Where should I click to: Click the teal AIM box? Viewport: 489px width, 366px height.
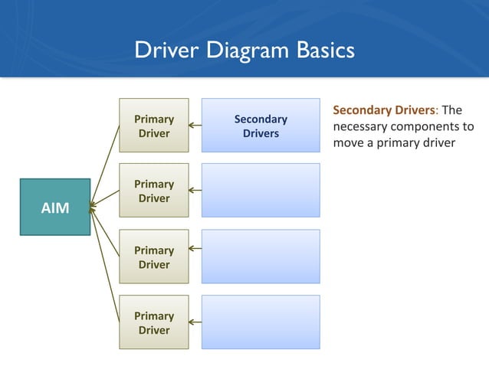(x=54, y=206)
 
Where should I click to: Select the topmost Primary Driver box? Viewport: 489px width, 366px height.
(x=153, y=126)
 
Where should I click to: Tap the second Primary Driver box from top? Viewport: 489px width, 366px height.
(x=153, y=191)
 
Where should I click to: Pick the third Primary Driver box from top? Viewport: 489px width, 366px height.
(x=153, y=257)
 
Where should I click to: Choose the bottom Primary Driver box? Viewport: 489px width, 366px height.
(x=153, y=323)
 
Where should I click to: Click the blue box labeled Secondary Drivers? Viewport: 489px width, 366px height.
(x=261, y=126)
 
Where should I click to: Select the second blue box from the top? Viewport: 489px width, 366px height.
(x=261, y=191)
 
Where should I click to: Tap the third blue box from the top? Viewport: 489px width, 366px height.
(x=261, y=257)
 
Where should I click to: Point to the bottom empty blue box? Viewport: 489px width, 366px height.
(x=261, y=323)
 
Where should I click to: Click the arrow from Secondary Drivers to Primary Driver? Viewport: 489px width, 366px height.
(x=195, y=126)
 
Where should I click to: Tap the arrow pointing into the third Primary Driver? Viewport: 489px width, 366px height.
(x=195, y=248)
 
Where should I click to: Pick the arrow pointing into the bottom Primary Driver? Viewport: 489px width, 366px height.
(x=195, y=322)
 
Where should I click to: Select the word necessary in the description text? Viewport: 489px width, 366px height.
(x=363, y=126)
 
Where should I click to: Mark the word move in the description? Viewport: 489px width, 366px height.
(x=349, y=143)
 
